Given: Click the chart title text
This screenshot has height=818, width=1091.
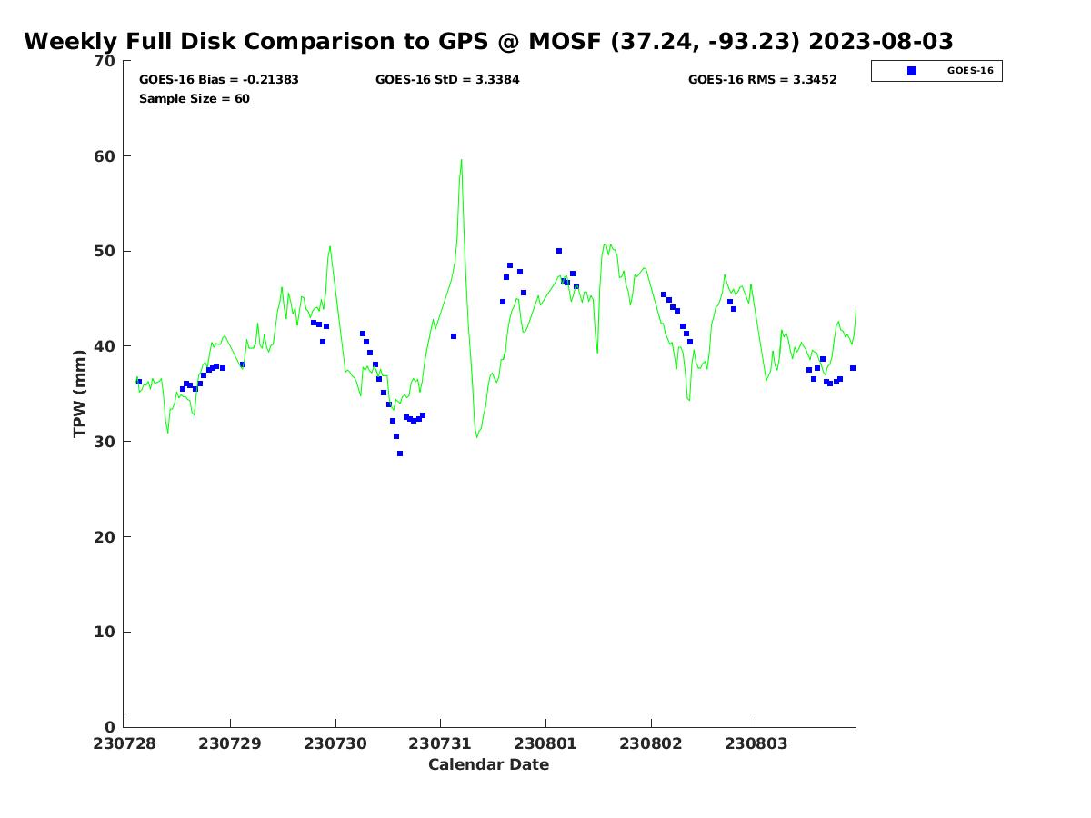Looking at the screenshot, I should [488, 42].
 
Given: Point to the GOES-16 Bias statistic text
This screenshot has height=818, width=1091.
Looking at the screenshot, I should [219, 80].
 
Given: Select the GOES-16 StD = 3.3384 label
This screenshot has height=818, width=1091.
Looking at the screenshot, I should [447, 80].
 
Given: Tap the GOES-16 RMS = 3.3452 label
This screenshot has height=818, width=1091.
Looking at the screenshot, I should [762, 80].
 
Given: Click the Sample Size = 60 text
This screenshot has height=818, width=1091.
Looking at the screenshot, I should [195, 99].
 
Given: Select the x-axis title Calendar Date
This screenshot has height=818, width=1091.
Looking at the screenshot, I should [488, 765].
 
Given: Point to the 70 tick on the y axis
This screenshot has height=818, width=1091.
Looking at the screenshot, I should [105, 61].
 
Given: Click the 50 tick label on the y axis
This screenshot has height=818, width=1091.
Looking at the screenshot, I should [105, 252].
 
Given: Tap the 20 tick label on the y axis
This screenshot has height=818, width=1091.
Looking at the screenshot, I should [105, 537].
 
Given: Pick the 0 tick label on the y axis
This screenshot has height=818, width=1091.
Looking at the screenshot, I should [110, 727].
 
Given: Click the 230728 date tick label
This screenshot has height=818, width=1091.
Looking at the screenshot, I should [125, 743].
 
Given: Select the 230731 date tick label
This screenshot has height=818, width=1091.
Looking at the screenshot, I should [440, 743].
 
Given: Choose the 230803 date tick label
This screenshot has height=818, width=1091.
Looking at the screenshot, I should [756, 743].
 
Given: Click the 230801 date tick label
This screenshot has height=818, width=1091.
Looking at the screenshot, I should [545, 743].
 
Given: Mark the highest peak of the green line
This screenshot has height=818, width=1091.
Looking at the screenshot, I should [461, 161].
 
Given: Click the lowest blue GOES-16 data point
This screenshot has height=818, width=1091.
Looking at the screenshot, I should [400, 454].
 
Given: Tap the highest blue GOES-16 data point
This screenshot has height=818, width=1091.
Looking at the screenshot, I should [559, 251].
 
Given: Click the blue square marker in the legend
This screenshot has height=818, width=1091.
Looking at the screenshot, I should [912, 71].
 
